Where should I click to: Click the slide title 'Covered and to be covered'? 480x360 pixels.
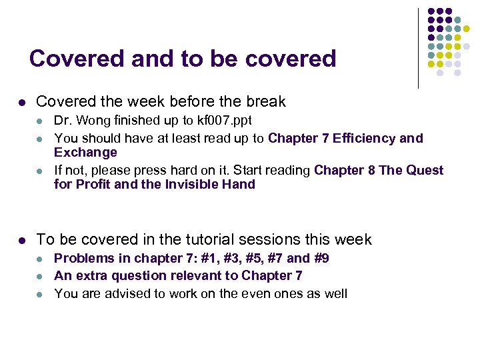(183, 59)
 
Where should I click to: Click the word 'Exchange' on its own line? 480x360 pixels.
(85, 153)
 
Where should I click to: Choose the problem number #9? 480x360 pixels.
(321, 258)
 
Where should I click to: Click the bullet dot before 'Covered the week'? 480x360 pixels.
(22, 103)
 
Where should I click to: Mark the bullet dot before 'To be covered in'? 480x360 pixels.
(22, 240)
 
